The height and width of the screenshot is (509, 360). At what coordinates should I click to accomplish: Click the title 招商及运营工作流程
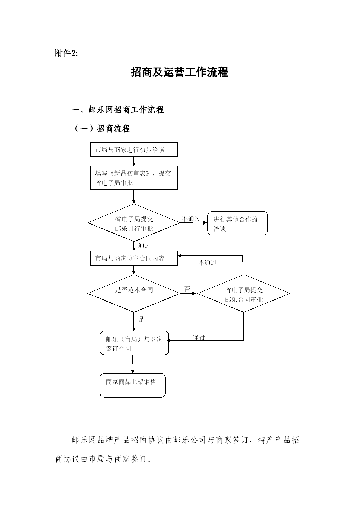180,72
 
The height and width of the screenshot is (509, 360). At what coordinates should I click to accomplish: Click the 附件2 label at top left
66,53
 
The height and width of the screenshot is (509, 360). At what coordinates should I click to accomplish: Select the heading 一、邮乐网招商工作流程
118,110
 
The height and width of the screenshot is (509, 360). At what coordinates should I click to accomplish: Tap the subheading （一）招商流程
102,128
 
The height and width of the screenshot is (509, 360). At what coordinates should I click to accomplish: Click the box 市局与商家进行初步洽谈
134,150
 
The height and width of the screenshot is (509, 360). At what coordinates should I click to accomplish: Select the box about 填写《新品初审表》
134,178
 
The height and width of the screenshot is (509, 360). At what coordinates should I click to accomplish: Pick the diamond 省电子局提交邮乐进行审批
134,223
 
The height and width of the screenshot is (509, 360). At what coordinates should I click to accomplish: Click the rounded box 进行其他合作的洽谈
238,223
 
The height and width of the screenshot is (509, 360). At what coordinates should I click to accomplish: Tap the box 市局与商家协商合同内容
134,258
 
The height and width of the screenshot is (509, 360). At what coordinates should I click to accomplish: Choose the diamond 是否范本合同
134,293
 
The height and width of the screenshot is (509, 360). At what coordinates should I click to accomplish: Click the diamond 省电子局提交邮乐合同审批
244,293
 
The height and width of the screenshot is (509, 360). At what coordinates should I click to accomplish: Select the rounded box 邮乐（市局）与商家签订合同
134,343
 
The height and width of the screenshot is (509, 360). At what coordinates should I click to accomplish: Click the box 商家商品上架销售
133,385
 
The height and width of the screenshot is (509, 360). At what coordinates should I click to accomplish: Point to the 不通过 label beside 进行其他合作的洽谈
191,219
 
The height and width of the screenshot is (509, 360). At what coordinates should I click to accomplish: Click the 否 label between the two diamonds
187,289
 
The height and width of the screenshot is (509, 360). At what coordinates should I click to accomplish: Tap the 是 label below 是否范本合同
141,319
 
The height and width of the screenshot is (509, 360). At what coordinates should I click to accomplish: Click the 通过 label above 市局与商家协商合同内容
144,246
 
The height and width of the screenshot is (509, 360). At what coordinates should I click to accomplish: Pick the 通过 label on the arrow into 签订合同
199,338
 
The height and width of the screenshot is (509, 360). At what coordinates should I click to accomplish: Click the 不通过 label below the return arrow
208,263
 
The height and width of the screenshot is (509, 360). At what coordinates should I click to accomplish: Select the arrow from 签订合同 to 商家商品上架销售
133,364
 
